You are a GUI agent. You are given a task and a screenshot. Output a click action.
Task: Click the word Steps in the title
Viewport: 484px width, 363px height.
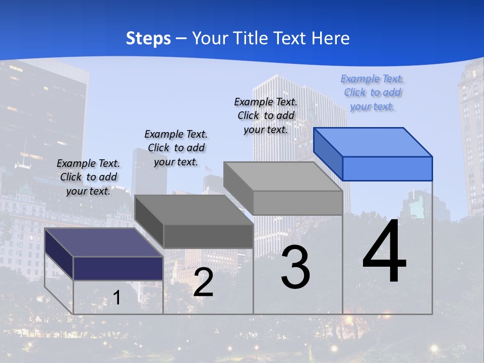pos(148,38)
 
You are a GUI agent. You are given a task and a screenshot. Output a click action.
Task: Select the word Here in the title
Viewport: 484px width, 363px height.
pos(330,38)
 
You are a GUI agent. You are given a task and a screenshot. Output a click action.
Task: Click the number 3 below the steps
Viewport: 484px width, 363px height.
pos(295,267)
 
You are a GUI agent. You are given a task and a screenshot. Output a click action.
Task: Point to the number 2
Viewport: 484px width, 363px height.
pos(203,282)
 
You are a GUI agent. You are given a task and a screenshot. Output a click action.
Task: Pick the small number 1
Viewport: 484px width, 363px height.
pos(116,298)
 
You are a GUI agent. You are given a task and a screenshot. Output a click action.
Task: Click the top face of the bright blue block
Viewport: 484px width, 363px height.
pos(373,142)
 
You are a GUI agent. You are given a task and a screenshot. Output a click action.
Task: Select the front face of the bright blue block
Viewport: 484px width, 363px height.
pos(387,168)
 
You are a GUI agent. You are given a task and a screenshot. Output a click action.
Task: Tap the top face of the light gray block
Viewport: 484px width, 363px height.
pos(283,176)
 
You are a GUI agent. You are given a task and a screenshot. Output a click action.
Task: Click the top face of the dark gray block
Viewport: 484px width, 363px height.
pos(194,210)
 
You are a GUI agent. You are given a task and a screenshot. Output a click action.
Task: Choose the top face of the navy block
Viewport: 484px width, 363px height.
pos(104,243)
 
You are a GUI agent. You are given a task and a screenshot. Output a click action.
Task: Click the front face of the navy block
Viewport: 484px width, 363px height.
pos(118,268)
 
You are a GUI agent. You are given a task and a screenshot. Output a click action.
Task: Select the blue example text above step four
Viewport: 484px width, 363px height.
pos(372,93)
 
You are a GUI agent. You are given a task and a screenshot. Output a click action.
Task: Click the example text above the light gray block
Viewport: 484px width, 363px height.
pos(266,116)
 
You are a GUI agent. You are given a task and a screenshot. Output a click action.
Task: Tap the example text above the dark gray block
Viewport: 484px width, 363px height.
pos(176,148)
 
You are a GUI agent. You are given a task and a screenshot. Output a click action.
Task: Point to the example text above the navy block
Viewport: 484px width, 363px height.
pos(88,177)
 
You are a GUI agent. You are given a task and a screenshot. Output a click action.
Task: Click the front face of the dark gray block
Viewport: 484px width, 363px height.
pos(208,236)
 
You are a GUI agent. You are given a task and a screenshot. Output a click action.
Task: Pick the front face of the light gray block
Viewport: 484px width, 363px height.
pos(297,203)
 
